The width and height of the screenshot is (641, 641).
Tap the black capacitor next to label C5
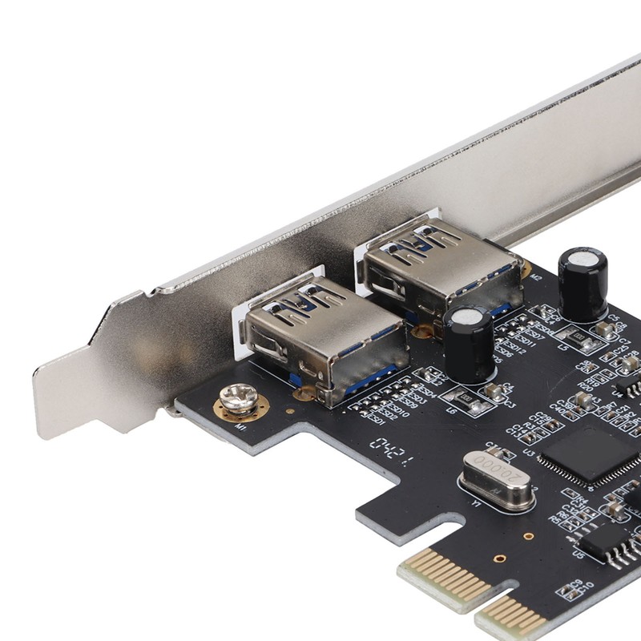[583, 283]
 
